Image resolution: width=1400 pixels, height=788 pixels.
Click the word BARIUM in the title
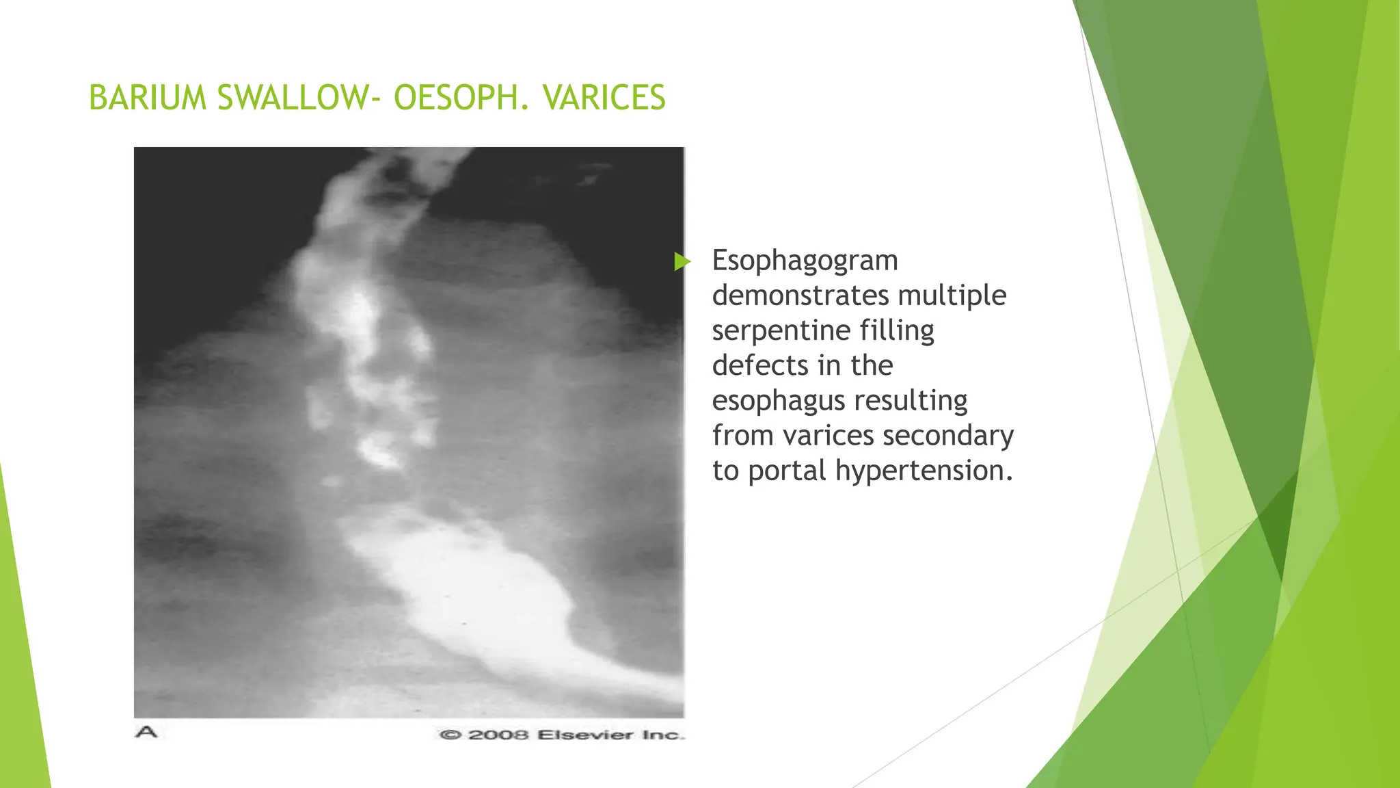pos(147,98)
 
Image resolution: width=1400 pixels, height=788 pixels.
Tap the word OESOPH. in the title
pos(461,98)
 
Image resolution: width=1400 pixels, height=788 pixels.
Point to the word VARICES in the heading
pos(604,98)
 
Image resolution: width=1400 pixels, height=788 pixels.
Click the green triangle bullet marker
pos(682,261)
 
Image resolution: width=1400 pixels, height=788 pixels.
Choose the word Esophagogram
pos(805,261)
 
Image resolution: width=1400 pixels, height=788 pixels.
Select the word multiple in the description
pos(952,295)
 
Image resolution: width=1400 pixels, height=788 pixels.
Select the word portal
pos(787,471)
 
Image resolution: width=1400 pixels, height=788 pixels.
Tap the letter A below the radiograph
pos(146,733)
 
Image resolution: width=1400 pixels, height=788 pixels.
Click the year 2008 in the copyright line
pos(498,735)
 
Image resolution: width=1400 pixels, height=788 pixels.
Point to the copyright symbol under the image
pos(450,735)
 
